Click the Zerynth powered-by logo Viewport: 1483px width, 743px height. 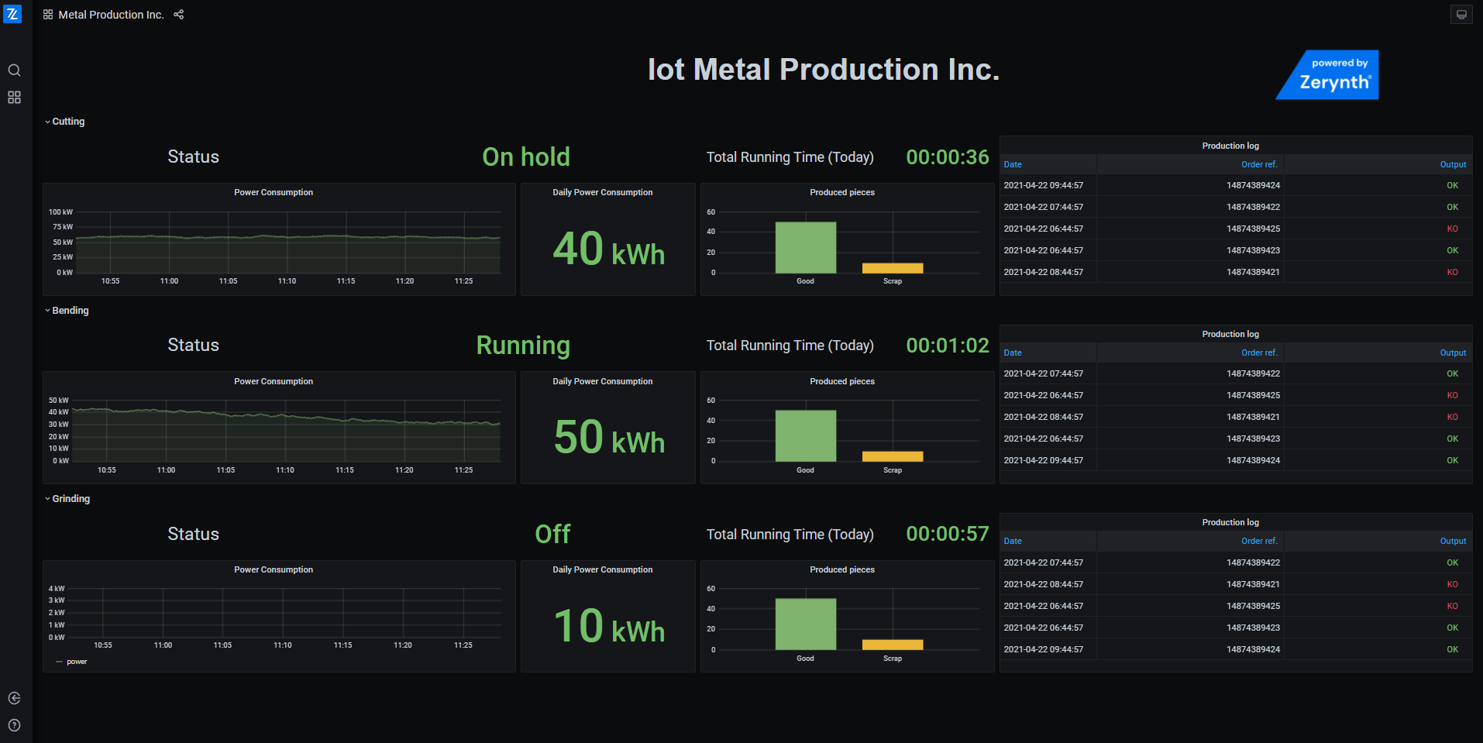pyautogui.click(x=1328, y=74)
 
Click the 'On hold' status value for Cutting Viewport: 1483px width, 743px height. pyautogui.click(x=526, y=157)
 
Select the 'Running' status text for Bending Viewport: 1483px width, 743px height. pyautogui.click(x=523, y=346)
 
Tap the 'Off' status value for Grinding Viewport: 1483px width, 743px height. pyautogui.click(x=552, y=534)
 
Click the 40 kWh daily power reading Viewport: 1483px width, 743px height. pyautogui.click(x=608, y=249)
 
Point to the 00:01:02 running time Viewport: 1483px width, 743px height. pyautogui.click(x=948, y=346)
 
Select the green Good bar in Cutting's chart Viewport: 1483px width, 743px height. pyautogui.click(x=806, y=247)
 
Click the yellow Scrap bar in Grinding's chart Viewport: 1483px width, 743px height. pyautogui.click(x=893, y=645)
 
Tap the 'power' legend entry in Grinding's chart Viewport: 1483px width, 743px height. pyautogui.click(x=77, y=662)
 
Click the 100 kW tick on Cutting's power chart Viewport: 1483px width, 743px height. pyautogui.click(x=60, y=212)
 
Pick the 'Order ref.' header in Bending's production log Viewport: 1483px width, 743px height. pyautogui.click(x=1259, y=353)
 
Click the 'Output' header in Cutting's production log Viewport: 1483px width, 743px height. pyautogui.click(x=1453, y=164)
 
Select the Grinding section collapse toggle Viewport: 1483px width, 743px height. pyautogui.click(x=47, y=499)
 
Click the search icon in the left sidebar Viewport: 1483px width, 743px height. pyautogui.click(x=14, y=71)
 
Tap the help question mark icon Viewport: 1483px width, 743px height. pyautogui.click(x=14, y=725)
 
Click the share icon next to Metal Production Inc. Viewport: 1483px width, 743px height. pyautogui.click(x=179, y=15)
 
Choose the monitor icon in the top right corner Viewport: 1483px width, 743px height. pyautogui.click(x=1461, y=15)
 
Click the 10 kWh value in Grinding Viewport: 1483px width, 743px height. pyautogui.click(x=609, y=627)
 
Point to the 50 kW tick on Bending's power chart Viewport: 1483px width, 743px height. pyautogui.click(x=59, y=401)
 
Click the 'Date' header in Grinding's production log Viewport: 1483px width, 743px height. pyautogui.click(x=1013, y=541)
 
